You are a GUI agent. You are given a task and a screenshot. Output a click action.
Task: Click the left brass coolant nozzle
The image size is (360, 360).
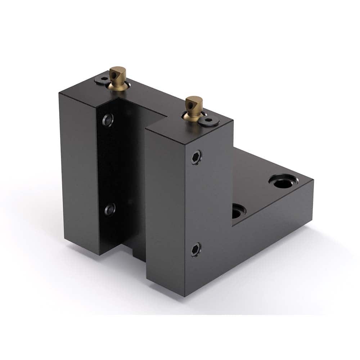tap(118, 77)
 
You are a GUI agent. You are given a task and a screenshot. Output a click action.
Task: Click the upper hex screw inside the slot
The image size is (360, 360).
tap(108, 120)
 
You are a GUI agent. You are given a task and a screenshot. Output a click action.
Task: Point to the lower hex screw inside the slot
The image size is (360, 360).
tap(110, 209)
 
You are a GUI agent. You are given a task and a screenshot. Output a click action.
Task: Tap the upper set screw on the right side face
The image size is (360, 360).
tap(196, 157)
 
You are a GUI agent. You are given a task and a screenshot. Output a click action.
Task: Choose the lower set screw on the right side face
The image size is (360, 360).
tap(196, 249)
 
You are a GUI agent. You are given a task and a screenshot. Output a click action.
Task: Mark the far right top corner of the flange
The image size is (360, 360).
tap(312, 181)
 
